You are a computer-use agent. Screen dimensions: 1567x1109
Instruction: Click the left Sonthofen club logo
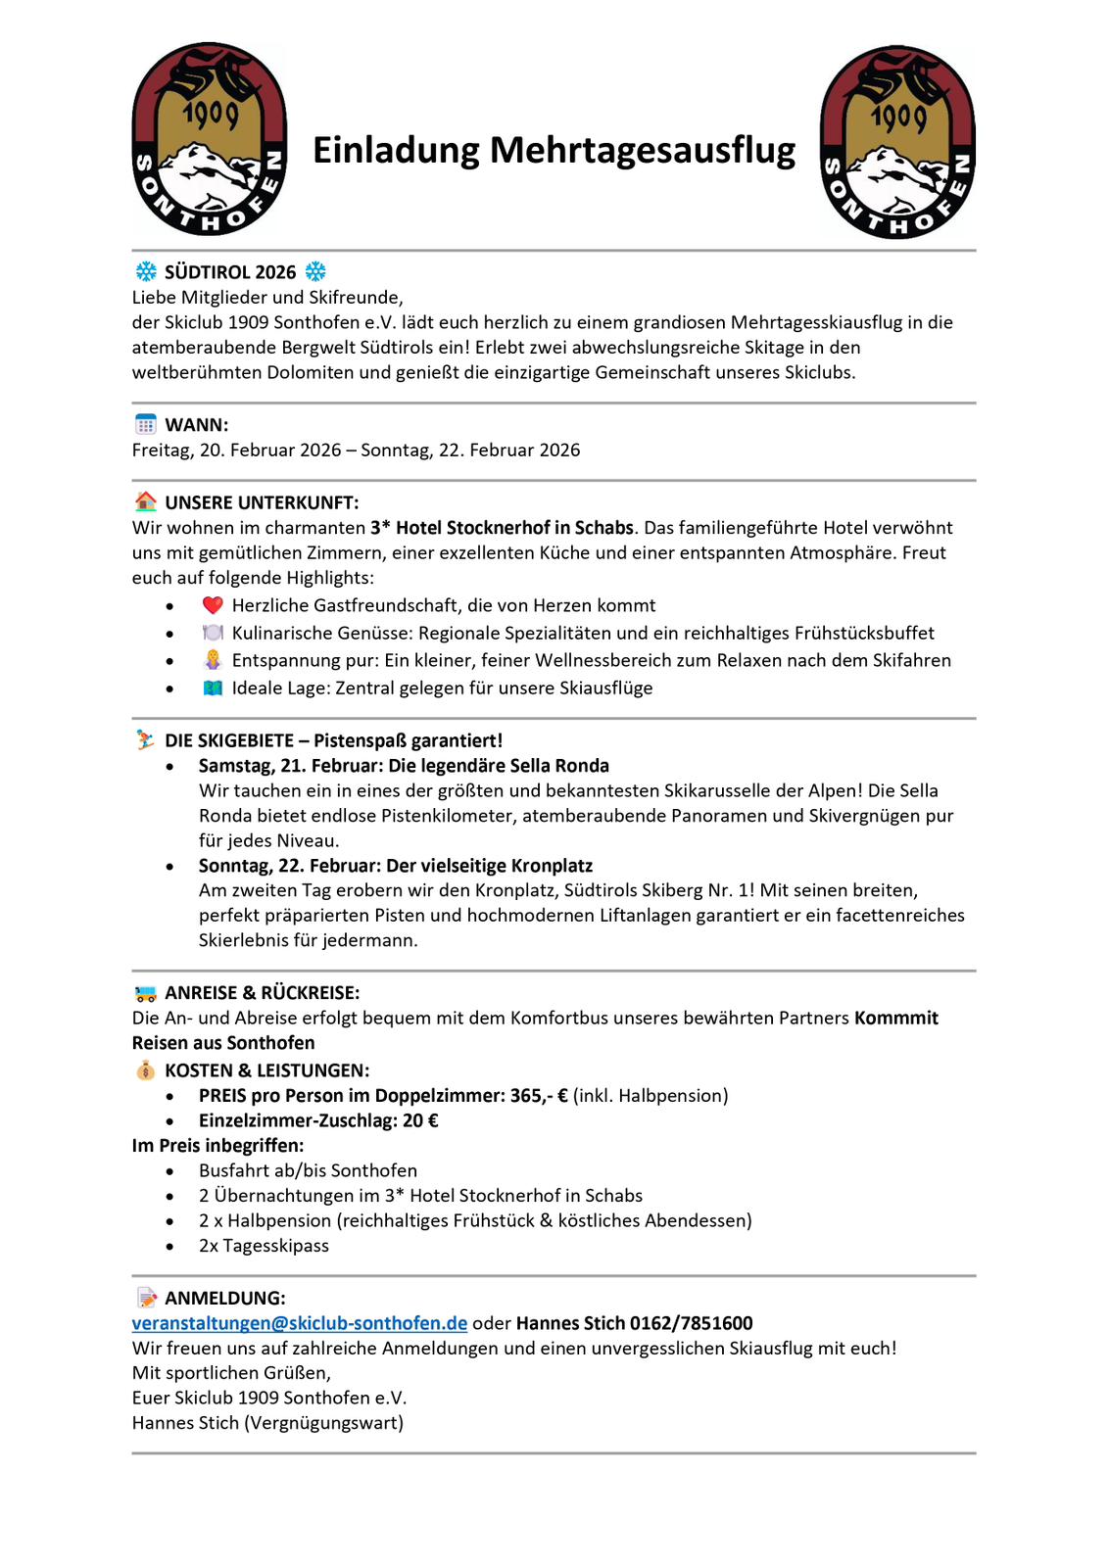210,139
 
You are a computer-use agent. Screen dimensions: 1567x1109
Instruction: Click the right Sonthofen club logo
897,142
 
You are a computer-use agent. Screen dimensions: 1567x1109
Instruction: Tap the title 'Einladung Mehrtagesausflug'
554,150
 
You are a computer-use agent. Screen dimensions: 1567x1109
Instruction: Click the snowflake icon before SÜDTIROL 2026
146,271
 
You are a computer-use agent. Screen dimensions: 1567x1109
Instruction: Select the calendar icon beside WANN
145,424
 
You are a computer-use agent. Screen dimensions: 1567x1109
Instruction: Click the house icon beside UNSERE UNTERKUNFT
145,502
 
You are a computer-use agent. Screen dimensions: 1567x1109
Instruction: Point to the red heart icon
213,605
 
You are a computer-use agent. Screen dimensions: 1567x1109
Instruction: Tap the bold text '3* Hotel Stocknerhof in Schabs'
502,528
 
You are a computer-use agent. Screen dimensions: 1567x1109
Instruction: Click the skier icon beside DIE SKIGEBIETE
145,740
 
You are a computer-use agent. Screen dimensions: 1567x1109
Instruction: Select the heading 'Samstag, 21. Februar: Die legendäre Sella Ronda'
404,766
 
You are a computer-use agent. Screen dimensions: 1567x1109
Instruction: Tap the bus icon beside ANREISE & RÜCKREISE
145,993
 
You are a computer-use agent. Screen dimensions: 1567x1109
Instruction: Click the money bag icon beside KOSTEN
145,1070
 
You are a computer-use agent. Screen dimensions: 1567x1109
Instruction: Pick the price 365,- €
539,1096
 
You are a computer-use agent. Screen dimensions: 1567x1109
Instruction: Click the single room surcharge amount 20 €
420,1120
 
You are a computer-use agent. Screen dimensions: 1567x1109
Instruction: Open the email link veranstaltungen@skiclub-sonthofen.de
299,1323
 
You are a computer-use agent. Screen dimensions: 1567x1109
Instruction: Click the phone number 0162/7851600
691,1323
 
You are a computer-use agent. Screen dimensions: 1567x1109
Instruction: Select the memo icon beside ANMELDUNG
146,1298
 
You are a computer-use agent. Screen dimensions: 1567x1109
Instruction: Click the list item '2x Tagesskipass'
264,1246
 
